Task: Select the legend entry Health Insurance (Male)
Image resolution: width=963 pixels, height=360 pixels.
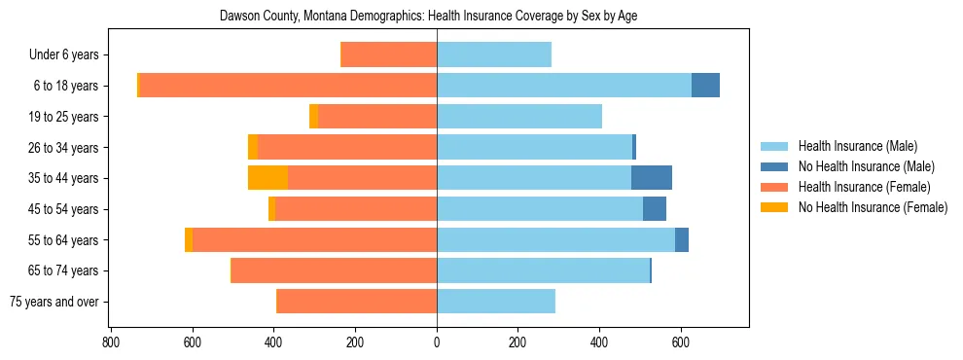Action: coord(857,146)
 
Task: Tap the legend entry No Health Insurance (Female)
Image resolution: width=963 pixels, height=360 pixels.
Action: coord(873,207)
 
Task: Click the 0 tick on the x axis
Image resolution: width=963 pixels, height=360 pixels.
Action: coord(437,342)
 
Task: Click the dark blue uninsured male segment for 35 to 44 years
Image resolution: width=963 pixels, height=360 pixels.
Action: coord(652,178)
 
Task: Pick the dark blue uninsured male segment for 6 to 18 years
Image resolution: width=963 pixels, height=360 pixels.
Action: coord(705,86)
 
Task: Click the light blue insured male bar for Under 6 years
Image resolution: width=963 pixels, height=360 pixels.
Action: coord(494,54)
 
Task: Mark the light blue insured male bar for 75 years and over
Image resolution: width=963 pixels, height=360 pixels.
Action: coord(496,302)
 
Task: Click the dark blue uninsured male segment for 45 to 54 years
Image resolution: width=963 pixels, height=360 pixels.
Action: coord(655,209)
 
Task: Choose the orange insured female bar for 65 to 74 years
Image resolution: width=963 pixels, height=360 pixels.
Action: coord(334,270)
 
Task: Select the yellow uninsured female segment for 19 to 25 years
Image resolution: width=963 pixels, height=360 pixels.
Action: coord(313,117)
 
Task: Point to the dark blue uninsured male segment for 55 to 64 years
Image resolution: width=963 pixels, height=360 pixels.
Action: coord(682,239)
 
